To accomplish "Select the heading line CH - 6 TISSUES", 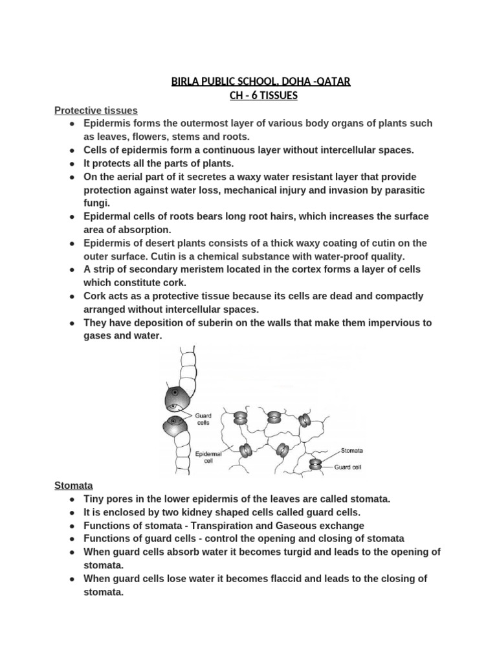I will click(260, 96).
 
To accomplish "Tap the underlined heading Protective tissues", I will click(96, 111).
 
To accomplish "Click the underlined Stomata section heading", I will click(74, 485).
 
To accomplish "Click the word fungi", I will click(95, 203).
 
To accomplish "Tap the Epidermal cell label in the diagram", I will click(208, 458).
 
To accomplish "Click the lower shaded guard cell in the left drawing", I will click(176, 429).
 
